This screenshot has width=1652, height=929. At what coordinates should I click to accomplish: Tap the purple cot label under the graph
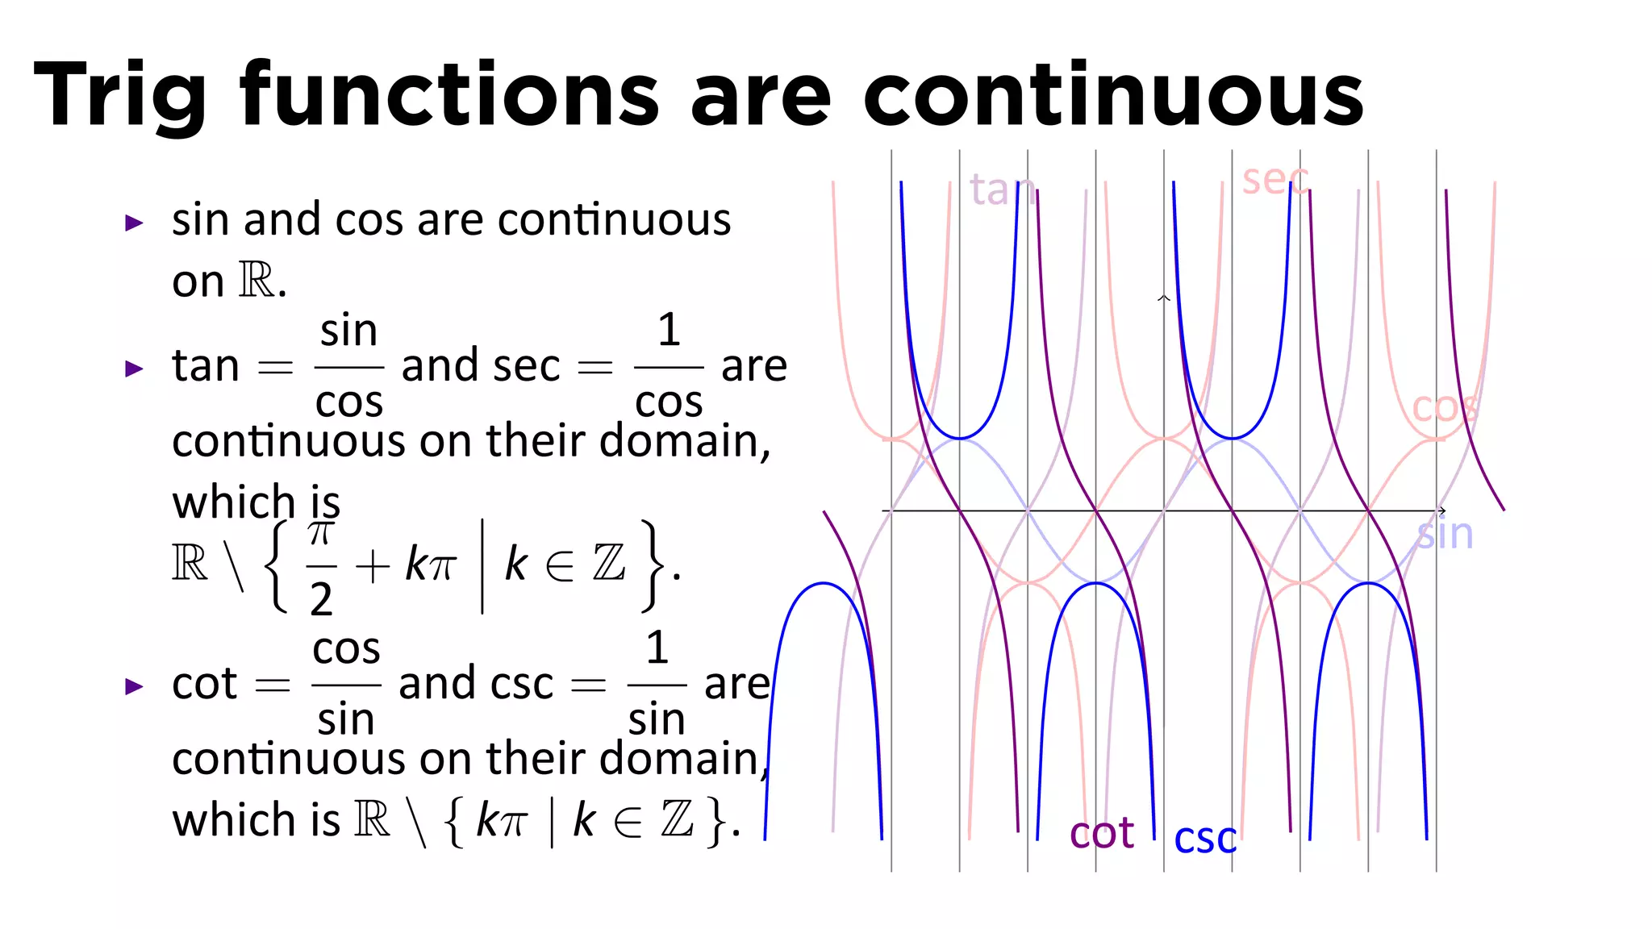(1101, 833)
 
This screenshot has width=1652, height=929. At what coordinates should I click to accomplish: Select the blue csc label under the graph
(1204, 839)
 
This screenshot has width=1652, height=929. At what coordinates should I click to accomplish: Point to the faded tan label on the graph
(1001, 190)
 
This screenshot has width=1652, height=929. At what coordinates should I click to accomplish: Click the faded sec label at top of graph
(1274, 179)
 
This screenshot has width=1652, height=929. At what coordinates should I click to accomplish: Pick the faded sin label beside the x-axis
(1445, 535)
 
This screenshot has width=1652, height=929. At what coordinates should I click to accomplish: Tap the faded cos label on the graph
(1444, 408)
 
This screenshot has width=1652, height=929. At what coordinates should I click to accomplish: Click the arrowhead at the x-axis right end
(1441, 510)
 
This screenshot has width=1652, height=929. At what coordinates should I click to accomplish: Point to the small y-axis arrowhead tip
(1163, 298)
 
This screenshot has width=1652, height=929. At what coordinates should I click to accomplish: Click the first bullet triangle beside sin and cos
(135, 223)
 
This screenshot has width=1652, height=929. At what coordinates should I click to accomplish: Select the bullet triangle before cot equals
(135, 686)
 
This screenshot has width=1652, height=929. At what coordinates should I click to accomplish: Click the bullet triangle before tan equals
(135, 369)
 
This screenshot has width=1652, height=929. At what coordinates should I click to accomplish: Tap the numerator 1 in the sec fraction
(669, 330)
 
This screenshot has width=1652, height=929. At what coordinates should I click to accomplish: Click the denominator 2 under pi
(321, 599)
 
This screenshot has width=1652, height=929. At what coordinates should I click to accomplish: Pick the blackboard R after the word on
(257, 281)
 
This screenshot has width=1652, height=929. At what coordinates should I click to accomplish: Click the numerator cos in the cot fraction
(346, 648)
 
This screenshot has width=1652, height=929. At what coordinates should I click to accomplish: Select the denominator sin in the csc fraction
(657, 719)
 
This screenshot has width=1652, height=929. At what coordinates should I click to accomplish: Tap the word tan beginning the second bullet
(206, 366)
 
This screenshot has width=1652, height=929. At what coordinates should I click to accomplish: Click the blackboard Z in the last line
(677, 819)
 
